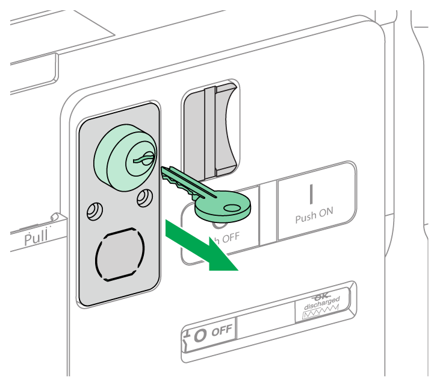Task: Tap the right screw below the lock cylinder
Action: point(144,198)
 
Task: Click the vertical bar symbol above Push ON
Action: point(312,193)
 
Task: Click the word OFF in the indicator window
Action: point(223,330)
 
